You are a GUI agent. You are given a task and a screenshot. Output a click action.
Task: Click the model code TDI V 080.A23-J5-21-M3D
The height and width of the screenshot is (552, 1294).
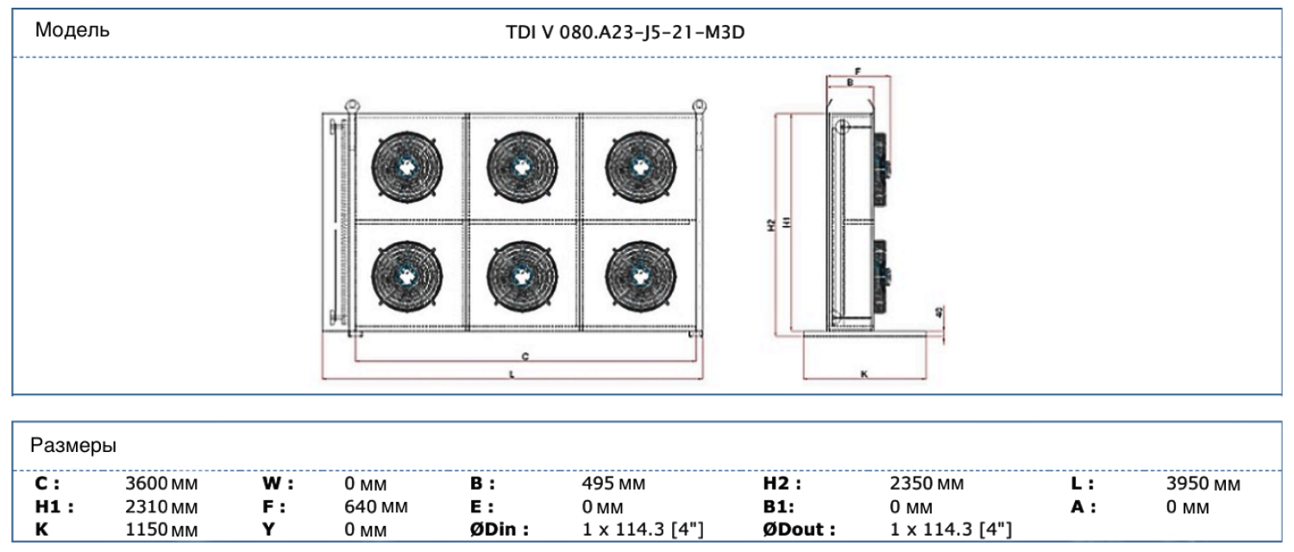[x=625, y=33]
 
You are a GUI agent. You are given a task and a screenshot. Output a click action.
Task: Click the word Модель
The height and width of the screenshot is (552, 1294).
[x=72, y=31]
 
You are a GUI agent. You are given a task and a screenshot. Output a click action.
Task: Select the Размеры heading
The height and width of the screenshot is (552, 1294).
[x=74, y=446]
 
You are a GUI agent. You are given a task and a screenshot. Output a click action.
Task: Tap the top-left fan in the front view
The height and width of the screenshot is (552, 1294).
[x=406, y=166]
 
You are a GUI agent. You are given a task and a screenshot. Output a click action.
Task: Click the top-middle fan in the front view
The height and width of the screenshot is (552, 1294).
[x=522, y=166]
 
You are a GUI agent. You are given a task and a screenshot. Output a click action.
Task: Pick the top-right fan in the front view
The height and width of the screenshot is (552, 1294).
[x=640, y=166]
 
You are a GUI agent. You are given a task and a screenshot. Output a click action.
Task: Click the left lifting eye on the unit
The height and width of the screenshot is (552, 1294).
[x=351, y=105]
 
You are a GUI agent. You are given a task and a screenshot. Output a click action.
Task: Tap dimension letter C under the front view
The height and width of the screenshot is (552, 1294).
[x=525, y=355]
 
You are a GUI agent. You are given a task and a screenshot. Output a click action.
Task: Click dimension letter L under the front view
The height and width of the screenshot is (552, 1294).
[x=512, y=375]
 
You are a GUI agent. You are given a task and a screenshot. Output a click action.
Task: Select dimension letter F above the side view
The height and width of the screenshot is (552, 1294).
[x=857, y=72]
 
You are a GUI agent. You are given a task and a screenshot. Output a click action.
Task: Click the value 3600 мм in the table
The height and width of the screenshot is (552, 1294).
[x=161, y=485]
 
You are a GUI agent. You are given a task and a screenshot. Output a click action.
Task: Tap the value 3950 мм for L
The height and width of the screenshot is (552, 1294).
[x=1203, y=485]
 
